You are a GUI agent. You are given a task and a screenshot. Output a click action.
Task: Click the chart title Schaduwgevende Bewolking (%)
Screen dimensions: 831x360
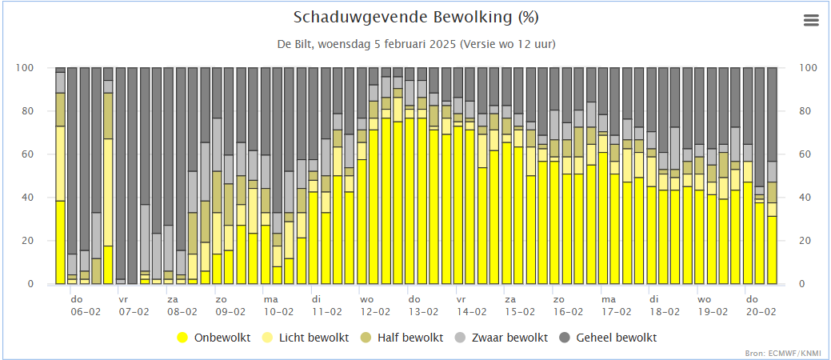[416, 18]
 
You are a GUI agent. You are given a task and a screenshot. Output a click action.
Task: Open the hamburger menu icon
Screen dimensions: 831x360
[811, 20]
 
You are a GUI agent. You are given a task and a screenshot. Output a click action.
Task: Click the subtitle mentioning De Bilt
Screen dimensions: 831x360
[416, 43]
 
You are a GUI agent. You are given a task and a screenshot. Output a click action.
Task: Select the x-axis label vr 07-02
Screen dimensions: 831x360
[134, 306]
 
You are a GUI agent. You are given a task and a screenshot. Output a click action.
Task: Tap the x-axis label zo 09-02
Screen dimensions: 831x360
[230, 306]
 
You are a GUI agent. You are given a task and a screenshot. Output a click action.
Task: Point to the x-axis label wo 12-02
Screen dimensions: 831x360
[374, 306]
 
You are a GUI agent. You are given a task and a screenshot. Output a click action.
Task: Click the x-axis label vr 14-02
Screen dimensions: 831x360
[471, 306]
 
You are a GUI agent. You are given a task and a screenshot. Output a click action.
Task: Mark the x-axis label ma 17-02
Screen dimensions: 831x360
[616, 306]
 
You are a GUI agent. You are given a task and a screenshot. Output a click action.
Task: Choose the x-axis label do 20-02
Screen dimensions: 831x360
[761, 306]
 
